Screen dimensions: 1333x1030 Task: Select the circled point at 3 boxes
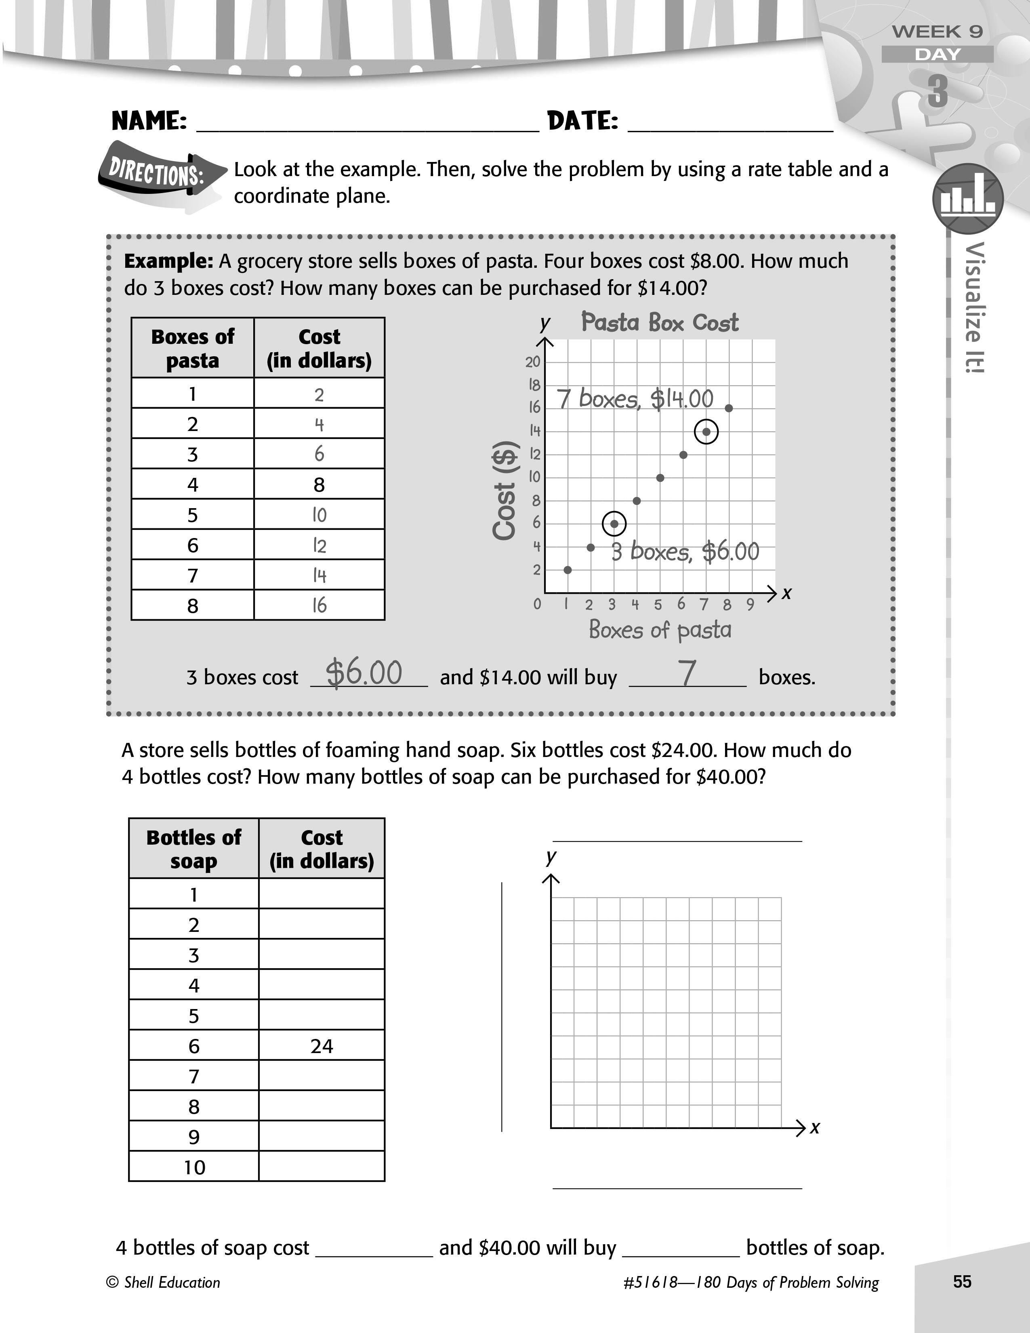614,524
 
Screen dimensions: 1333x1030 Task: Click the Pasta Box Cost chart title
660,322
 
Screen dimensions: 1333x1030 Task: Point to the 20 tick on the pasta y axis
533,362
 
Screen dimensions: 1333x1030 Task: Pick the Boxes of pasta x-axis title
660,630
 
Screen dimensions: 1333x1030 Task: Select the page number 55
962,1281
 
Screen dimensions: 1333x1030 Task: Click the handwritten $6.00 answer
364,673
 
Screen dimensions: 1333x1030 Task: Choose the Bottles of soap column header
193,848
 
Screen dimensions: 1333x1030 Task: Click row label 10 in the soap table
194,1167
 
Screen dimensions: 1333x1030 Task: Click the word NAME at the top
149,121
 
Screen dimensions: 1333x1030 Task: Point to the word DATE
583,121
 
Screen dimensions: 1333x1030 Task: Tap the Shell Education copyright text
164,1283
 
